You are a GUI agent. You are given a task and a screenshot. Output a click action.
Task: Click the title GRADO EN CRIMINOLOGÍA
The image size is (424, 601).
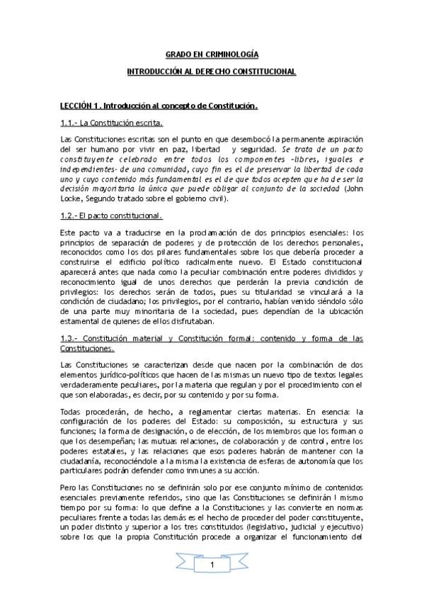pyautogui.click(x=212, y=54)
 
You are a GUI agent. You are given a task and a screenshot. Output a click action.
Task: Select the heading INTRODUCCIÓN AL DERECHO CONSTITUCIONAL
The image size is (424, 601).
pyautogui.click(x=212, y=72)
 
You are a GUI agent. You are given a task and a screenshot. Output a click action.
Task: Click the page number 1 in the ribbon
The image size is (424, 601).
pyautogui.click(x=212, y=565)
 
